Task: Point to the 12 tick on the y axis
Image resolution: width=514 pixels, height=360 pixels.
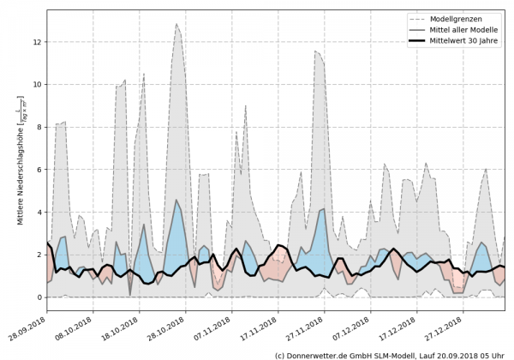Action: tap(38, 42)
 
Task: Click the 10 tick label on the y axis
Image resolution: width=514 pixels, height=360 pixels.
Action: tap(38, 84)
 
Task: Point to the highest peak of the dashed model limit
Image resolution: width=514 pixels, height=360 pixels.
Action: tap(176, 24)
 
